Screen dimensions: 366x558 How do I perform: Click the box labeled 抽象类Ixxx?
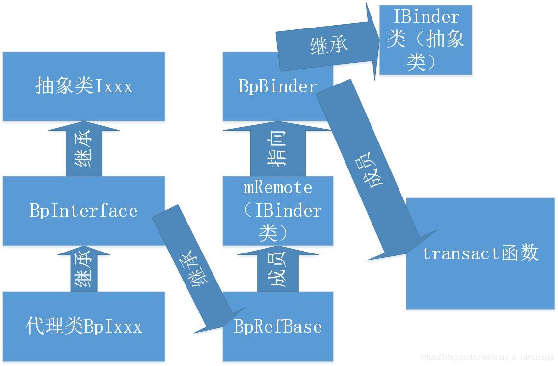[83, 86]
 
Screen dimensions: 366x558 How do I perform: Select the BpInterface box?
[83, 211]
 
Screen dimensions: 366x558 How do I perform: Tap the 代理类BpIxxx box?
[83, 327]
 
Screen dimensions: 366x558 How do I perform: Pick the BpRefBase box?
[278, 327]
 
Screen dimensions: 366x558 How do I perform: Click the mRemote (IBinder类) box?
[278, 210]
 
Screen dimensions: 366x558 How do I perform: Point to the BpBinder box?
[278, 86]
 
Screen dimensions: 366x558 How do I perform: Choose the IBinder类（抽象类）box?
[425, 40]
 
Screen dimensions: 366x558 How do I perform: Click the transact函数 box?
[480, 253]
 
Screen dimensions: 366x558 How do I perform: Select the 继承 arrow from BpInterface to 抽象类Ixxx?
[84, 149]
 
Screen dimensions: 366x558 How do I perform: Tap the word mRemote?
[278, 187]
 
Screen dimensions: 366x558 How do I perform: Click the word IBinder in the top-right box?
[426, 17]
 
